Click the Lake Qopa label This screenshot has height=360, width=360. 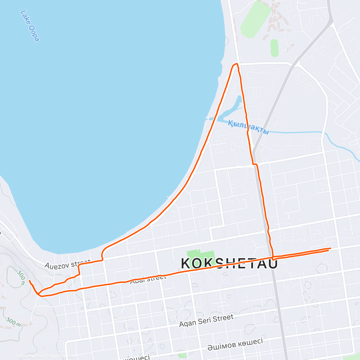[30, 26]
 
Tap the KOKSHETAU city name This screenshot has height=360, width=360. [229, 263]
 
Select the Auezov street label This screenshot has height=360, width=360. [67, 264]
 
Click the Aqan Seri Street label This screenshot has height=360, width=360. [206, 320]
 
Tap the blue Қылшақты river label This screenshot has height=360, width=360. [248, 127]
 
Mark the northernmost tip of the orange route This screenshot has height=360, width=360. [235, 64]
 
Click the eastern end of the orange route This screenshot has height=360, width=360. [330, 248]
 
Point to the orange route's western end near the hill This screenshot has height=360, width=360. [29, 280]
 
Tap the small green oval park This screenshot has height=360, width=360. [274, 48]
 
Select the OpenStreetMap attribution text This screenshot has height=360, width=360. [61, 356]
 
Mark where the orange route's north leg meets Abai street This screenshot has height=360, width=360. [273, 257]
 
